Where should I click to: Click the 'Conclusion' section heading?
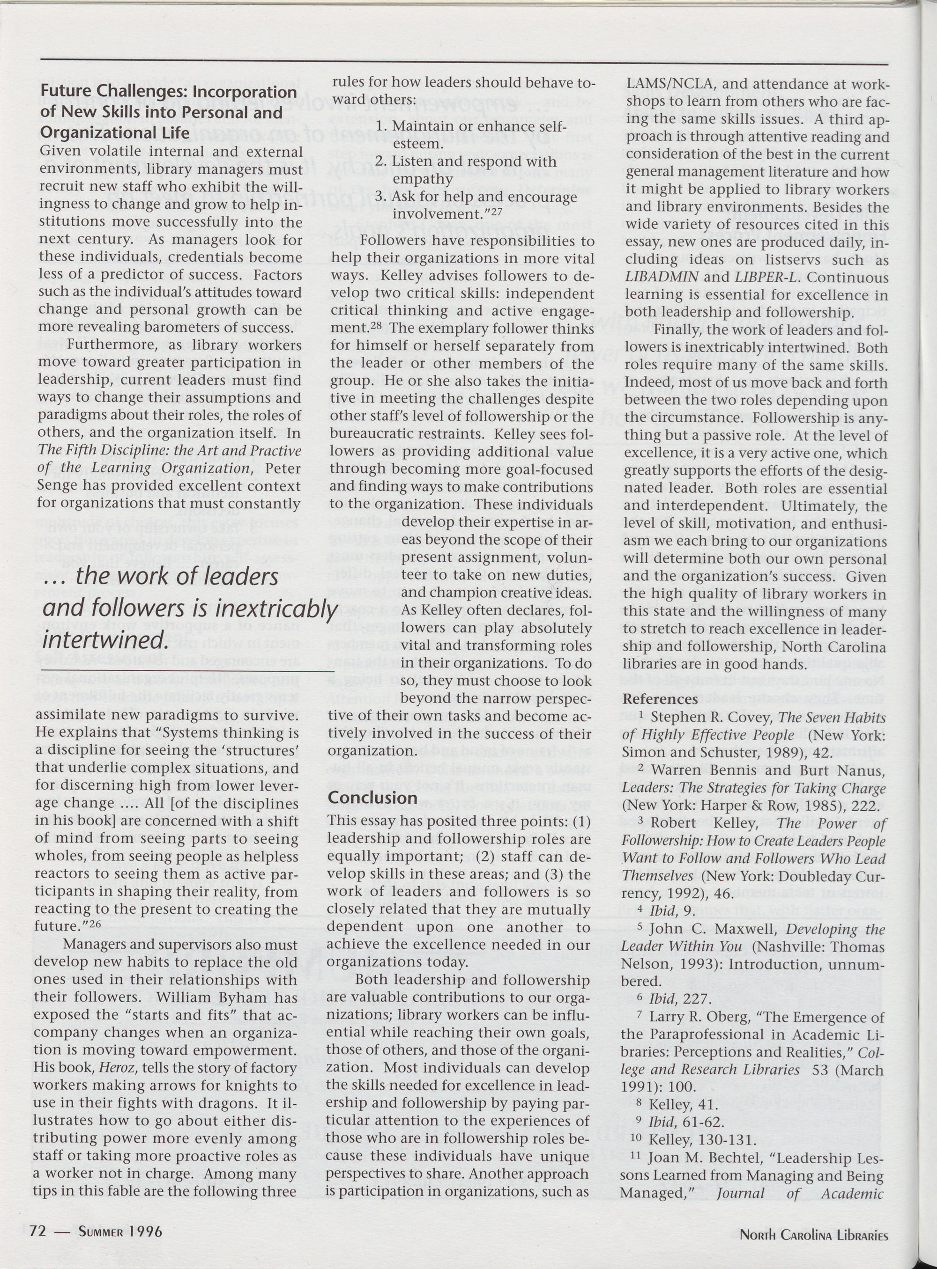pyautogui.click(x=372, y=798)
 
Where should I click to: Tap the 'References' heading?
pyautogui.click(x=660, y=699)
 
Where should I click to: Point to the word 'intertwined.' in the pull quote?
pyautogui.click(x=105, y=639)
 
